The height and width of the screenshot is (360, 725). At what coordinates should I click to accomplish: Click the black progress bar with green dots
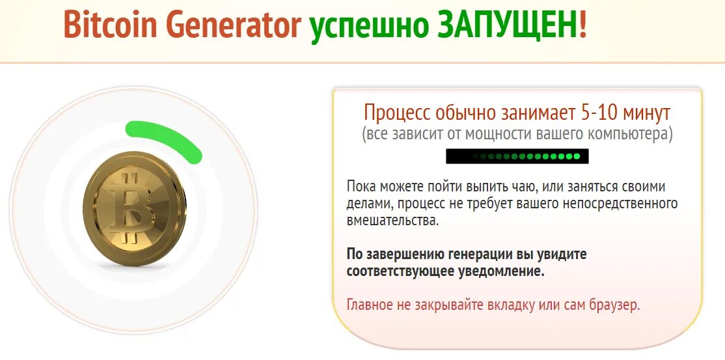[x=517, y=156]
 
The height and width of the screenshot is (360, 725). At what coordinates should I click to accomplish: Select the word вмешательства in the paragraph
[x=392, y=221]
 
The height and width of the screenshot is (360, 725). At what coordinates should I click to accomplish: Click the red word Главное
[x=369, y=304]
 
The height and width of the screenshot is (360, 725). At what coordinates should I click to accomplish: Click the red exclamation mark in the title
[x=583, y=25]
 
